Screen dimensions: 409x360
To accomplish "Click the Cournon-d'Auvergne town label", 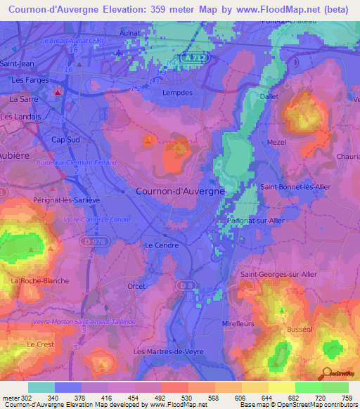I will (x=180, y=190).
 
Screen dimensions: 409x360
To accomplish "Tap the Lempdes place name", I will (x=177, y=92).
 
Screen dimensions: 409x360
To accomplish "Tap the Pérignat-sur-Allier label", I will (x=256, y=220).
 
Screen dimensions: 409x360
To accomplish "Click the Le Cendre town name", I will (x=159, y=245).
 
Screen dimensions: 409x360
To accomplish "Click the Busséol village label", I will (x=300, y=329).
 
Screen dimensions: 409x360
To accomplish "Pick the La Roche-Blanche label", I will (x=40, y=281).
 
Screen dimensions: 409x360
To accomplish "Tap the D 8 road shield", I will (x=185, y=284).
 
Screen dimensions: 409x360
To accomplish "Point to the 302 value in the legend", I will (x=26, y=398).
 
